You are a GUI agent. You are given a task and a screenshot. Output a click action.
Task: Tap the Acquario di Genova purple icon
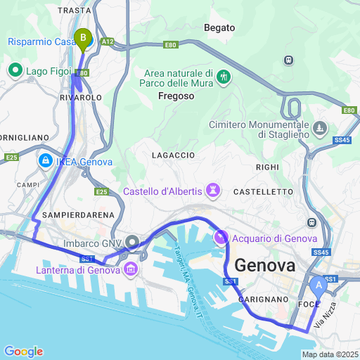point(221,238)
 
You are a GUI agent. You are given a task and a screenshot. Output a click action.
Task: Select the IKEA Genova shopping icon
point(45,161)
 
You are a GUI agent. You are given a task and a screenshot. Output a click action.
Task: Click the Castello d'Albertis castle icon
point(212,191)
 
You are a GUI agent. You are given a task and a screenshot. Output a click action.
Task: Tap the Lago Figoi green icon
point(15,70)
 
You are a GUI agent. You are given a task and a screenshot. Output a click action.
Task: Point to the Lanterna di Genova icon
point(131,270)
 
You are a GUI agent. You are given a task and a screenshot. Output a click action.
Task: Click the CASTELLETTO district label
point(262,191)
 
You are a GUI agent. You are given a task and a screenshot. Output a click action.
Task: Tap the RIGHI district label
point(267,167)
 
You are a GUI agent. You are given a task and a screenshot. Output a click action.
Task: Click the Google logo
point(22,352)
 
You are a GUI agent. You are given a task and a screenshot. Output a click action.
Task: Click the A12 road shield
point(106,42)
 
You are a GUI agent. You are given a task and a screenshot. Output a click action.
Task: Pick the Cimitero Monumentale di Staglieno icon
point(321,128)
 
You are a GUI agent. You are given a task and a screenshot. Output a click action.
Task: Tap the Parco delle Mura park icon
point(224,76)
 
